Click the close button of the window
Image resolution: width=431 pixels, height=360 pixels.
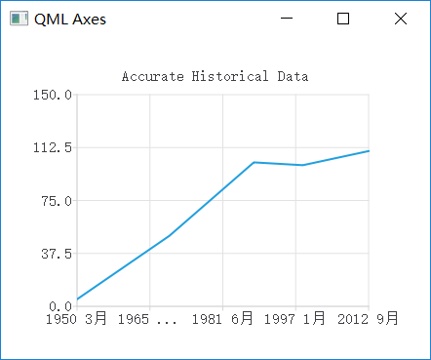(401, 19)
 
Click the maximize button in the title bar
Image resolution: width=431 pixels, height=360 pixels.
(343, 19)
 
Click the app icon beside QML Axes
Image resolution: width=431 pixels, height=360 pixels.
(19, 19)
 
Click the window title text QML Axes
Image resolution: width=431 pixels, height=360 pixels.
(70, 19)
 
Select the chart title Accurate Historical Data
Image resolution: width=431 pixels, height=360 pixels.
(215, 76)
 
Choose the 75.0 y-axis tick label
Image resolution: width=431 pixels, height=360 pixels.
(57, 201)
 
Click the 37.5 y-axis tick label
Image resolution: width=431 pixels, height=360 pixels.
(57, 254)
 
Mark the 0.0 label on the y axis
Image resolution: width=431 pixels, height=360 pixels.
(60, 306)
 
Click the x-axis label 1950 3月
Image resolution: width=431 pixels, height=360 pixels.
(77, 318)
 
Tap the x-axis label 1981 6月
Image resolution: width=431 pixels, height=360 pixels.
(223, 318)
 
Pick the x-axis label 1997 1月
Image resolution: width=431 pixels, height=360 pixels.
(296, 318)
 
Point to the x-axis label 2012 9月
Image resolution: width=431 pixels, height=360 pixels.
(368, 318)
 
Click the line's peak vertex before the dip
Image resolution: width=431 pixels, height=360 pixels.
(254, 162)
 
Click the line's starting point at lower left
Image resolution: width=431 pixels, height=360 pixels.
(78, 299)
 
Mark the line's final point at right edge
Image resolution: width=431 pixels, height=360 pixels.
(369, 151)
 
